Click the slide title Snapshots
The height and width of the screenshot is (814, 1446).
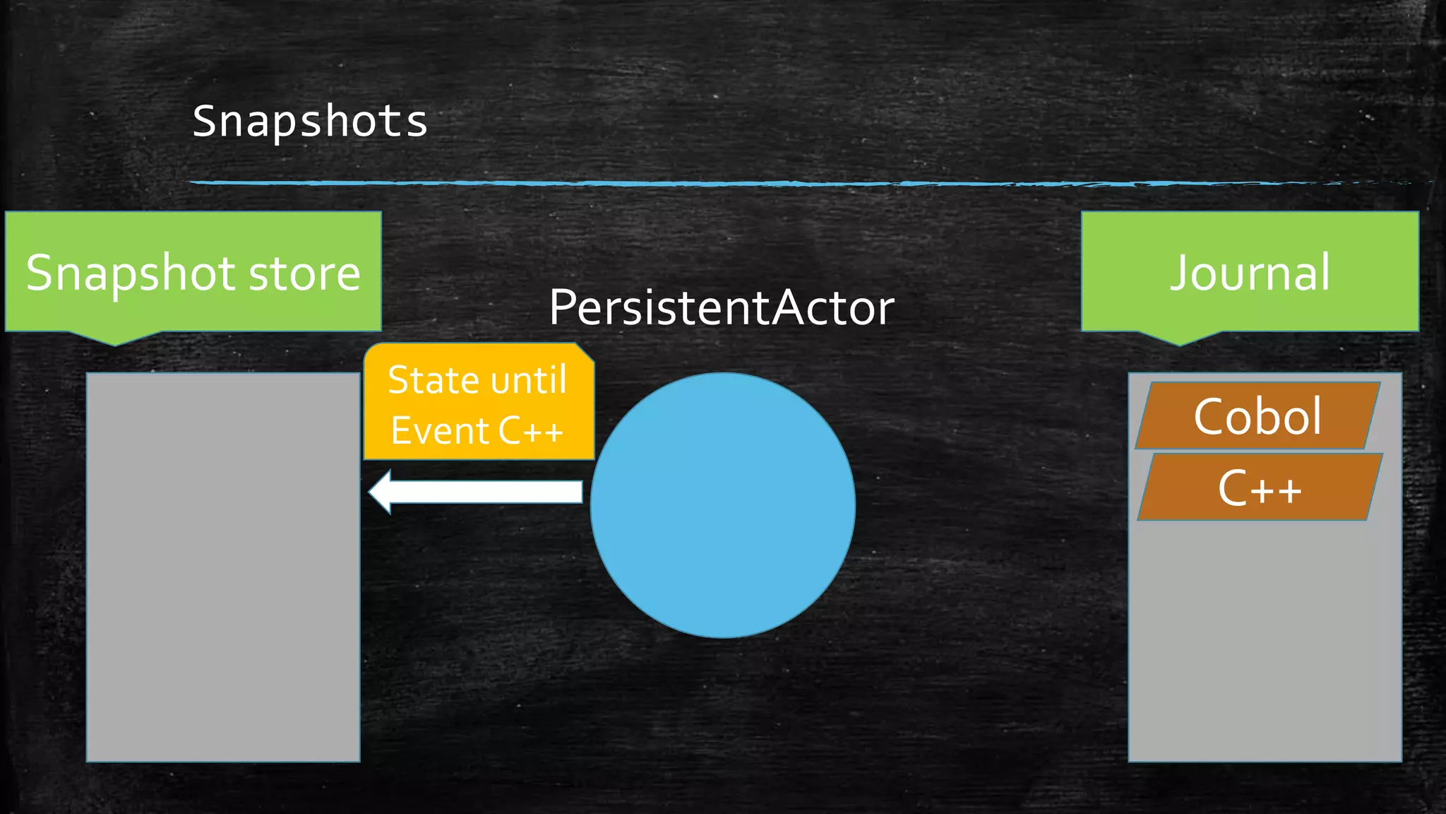pyautogui.click(x=310, y=121)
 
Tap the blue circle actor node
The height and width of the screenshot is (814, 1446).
pyautogui.click(x=722, y=505)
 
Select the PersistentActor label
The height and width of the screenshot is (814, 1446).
pyautogui.click(x=722, y=307)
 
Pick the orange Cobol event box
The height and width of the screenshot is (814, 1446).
pyautogui.click(x=1257, y=415)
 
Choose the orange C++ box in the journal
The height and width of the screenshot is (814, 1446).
pyautogui.click(x=1260, y=488)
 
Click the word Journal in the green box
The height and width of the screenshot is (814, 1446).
pyautogui.click(x=1250, y=272)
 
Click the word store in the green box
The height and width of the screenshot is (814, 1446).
pyautogui.click(x=304, y=273)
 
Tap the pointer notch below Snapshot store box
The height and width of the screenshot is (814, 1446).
pyautogui.click(x=115, y=338)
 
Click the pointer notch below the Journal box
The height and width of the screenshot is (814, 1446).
pyautogui.click(x=1179, y=338)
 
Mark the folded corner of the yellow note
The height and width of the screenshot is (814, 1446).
pyautogui.click(x=585, y=352)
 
